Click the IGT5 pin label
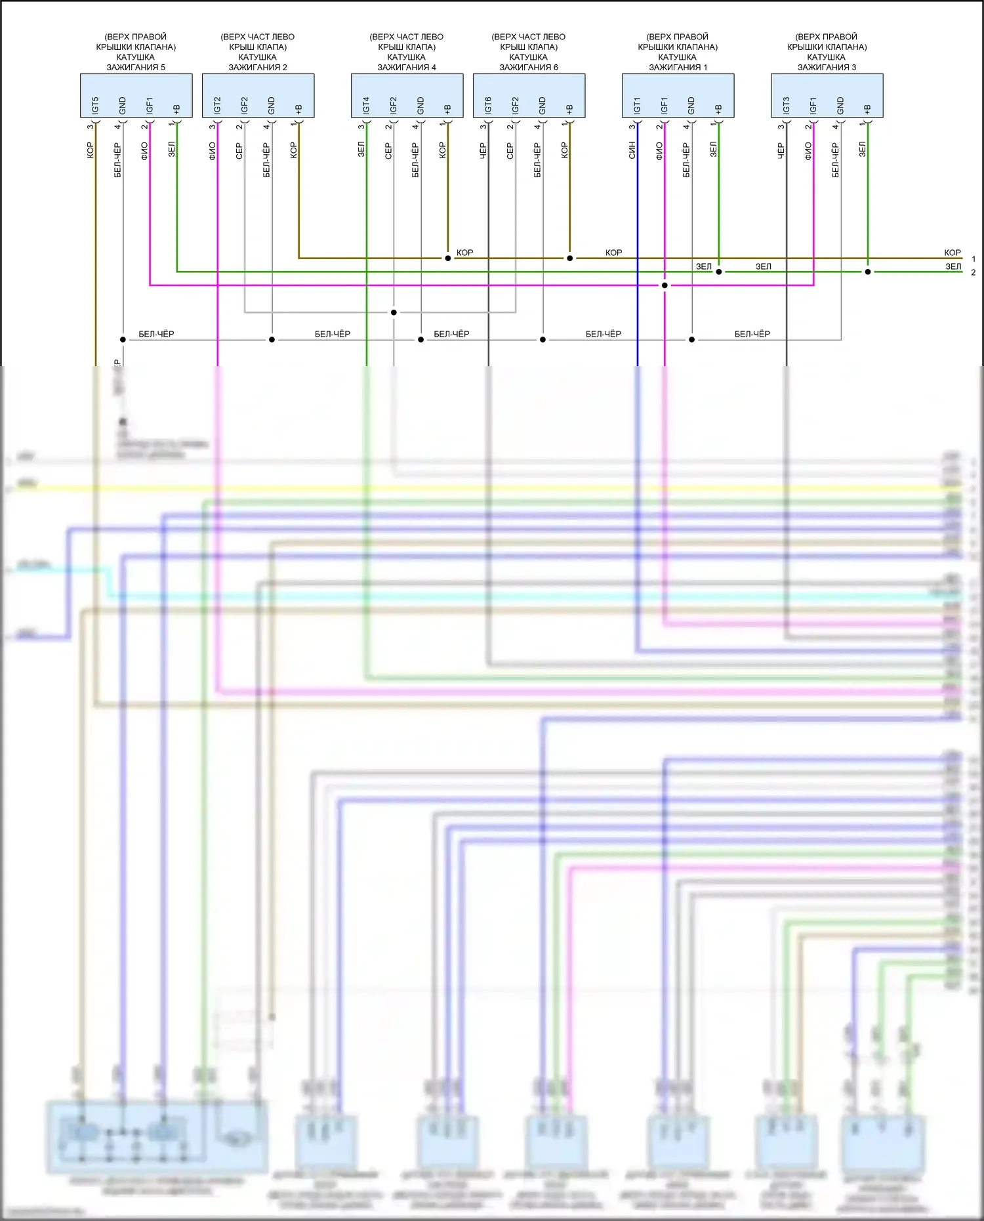95,105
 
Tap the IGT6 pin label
488,105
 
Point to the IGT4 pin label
366,105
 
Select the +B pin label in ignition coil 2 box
298,108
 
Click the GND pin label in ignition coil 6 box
543,105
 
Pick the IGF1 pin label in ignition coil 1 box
664,106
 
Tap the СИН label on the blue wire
632,150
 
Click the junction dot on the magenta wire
665,285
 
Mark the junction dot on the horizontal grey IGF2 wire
394,312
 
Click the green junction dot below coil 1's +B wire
719,272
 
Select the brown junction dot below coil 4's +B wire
448,259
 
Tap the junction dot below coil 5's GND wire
123,340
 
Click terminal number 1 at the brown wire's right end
974,259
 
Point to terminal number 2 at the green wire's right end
974,272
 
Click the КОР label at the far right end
953,253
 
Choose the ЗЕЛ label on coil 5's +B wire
172,150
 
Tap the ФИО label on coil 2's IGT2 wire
212,151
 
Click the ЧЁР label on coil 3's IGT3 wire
781,151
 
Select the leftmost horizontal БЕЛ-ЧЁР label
156,334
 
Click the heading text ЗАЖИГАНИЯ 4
407,67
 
